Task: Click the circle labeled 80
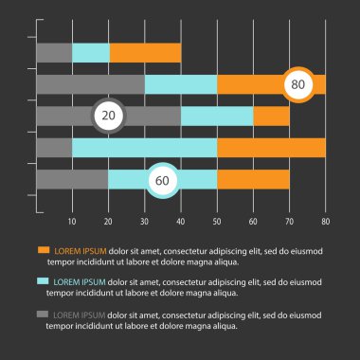(x=298, y=84)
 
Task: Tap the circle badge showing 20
(x=109, y=116)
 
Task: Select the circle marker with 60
(x=162, y=179)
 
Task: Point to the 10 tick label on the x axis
(x=72, y=222)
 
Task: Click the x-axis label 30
(x=144, y=222)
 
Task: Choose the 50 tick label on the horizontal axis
(x=217, y=222)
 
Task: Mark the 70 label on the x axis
(x=289, y=222)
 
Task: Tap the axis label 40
(x=180, y=222)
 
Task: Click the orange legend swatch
(x=43, y=250)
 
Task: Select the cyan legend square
(x=43, y=281)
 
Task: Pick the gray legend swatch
(x=43, y=313)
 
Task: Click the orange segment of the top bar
(x=145, y=53)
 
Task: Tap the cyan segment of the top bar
(x=91, y=53)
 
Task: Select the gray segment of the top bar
(x=54, y=53)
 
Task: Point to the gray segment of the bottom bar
(x=72, y=179)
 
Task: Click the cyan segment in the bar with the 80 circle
(x=180, y=84)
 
